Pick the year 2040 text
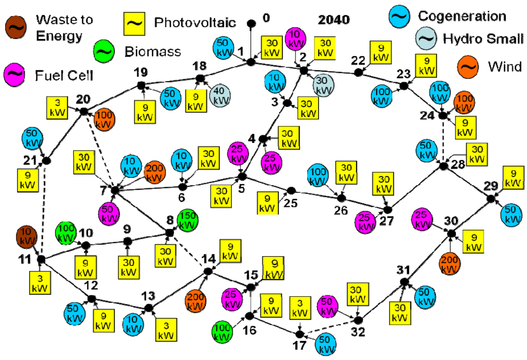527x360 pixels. [334, 20]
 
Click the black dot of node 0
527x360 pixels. [252, 23]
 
